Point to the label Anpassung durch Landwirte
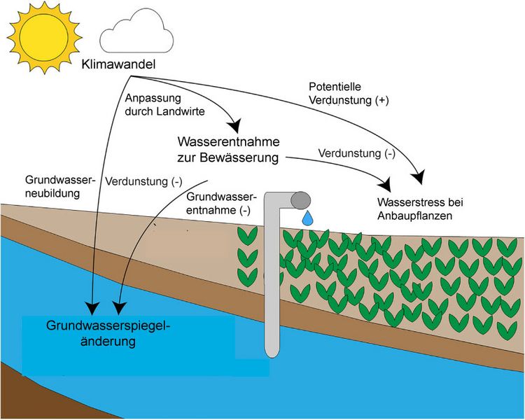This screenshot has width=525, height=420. point(153,104)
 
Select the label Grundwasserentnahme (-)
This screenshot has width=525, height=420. point(221,204)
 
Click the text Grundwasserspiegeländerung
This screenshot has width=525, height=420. point(108,334)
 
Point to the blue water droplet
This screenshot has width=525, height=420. point(307,219)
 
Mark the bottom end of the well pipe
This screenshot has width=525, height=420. point(272,353)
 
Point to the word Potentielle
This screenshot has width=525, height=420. point(335,87)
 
